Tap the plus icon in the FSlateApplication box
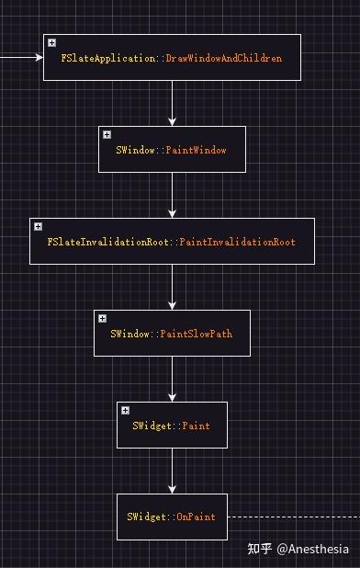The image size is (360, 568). click(x=52, y=43)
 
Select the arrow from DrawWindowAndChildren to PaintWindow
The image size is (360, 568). click(x=172, y=103)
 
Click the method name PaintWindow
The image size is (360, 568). click(x=196, y=150)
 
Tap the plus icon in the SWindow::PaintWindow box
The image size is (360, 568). click(x=107, y=135)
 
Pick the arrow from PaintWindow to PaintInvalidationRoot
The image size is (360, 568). click(x=172, y=195)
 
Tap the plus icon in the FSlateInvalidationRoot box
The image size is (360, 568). click(x=39, y=226)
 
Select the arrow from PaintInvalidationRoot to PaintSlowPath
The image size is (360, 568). click(x=172, y=287)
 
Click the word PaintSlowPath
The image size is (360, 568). click(x=197, y=334)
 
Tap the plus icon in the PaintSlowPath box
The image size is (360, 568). click(x=103, y=318)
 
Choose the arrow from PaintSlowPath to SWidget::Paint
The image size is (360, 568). click(x=172, y=379)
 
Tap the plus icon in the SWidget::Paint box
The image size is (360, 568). click(x=126, y=410)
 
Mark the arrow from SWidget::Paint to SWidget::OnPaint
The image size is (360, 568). click(x=172, y=471)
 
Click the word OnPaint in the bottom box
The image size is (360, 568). click(x=195, y=517)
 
